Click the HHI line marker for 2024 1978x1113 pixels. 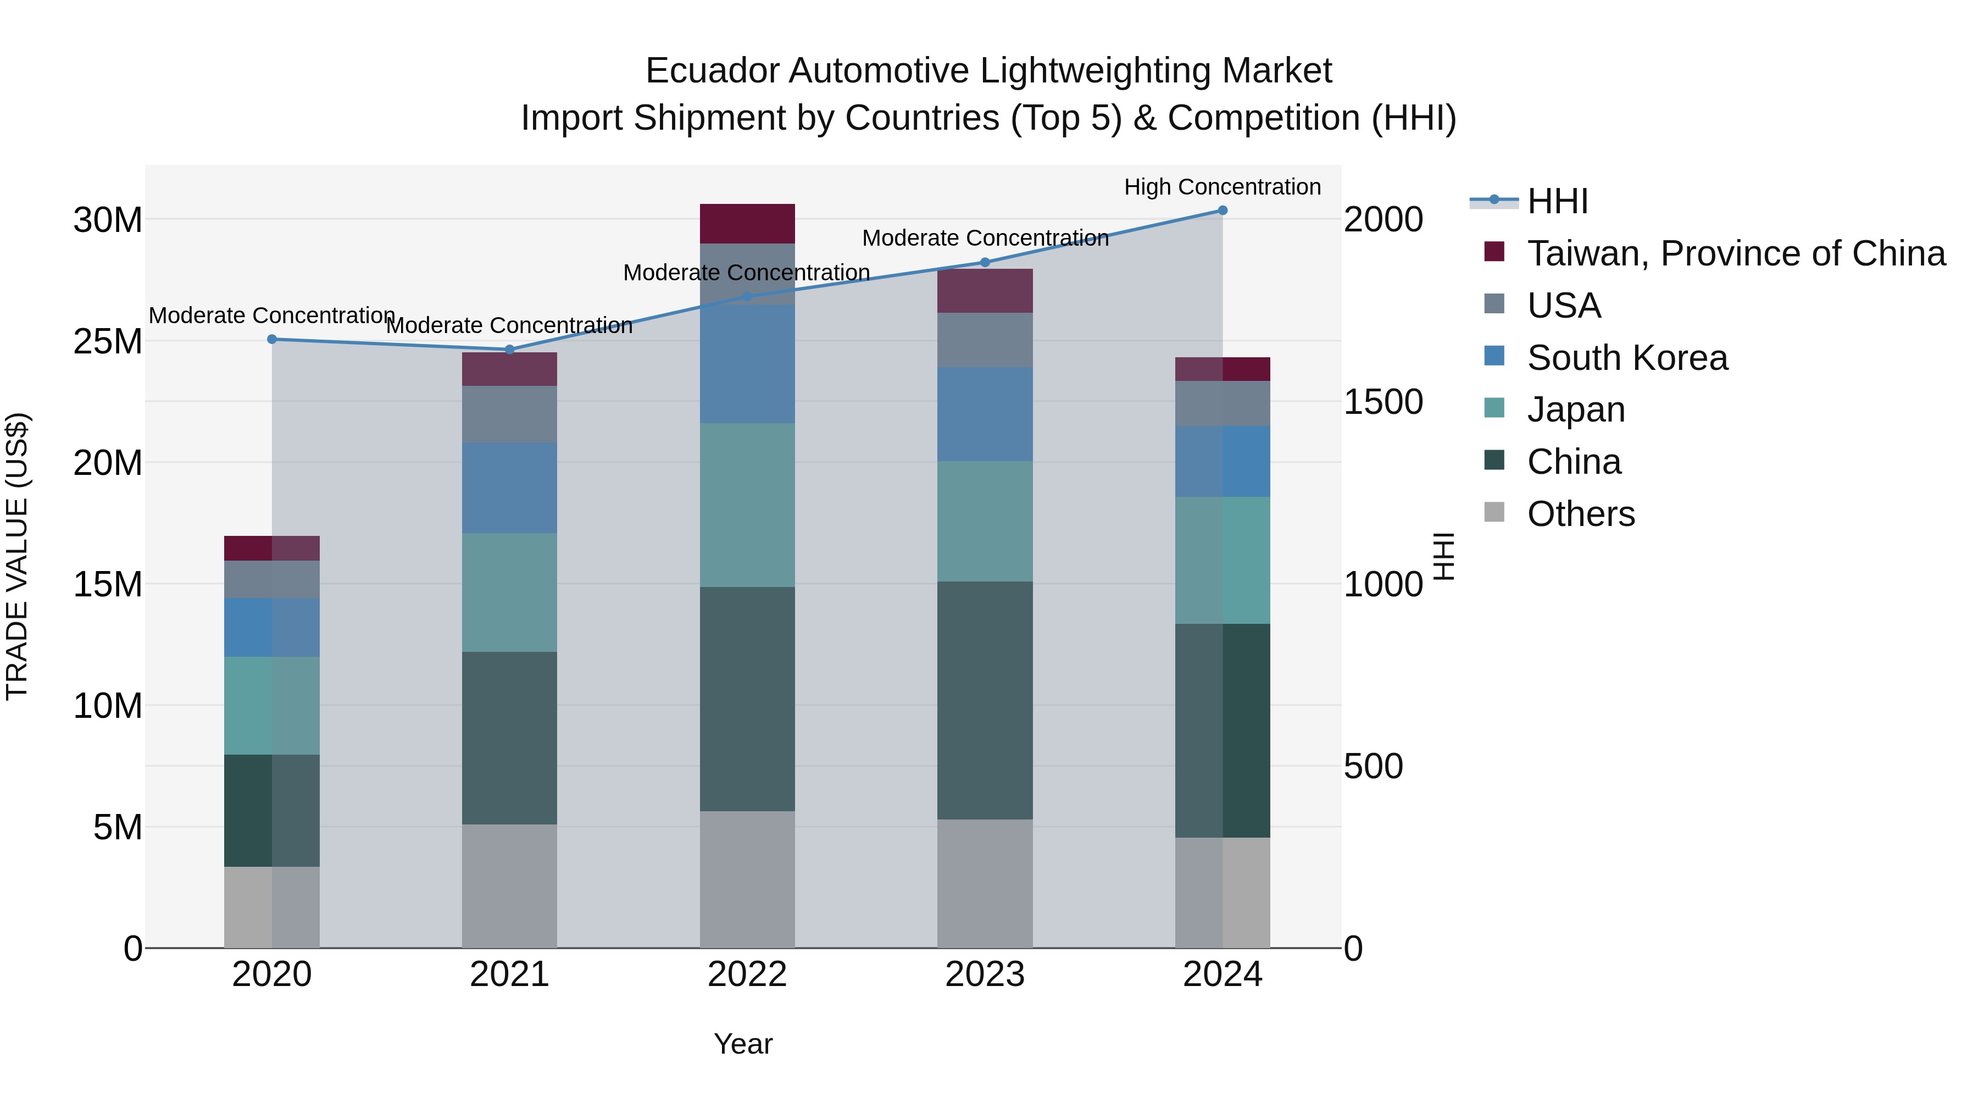1223,211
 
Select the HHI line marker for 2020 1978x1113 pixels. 272,339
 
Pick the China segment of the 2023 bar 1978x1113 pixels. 985,700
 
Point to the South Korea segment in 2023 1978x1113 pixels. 985,414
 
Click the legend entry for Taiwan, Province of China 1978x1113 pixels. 1735,253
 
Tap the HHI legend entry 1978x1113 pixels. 1557,201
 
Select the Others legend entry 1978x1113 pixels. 1580,514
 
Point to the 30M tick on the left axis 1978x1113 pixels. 108,220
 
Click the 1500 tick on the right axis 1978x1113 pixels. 1382,402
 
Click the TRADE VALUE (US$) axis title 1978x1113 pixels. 17,556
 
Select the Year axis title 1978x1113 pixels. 742,1044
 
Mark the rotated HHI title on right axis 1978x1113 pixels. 1443,556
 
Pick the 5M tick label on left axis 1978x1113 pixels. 118,827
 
